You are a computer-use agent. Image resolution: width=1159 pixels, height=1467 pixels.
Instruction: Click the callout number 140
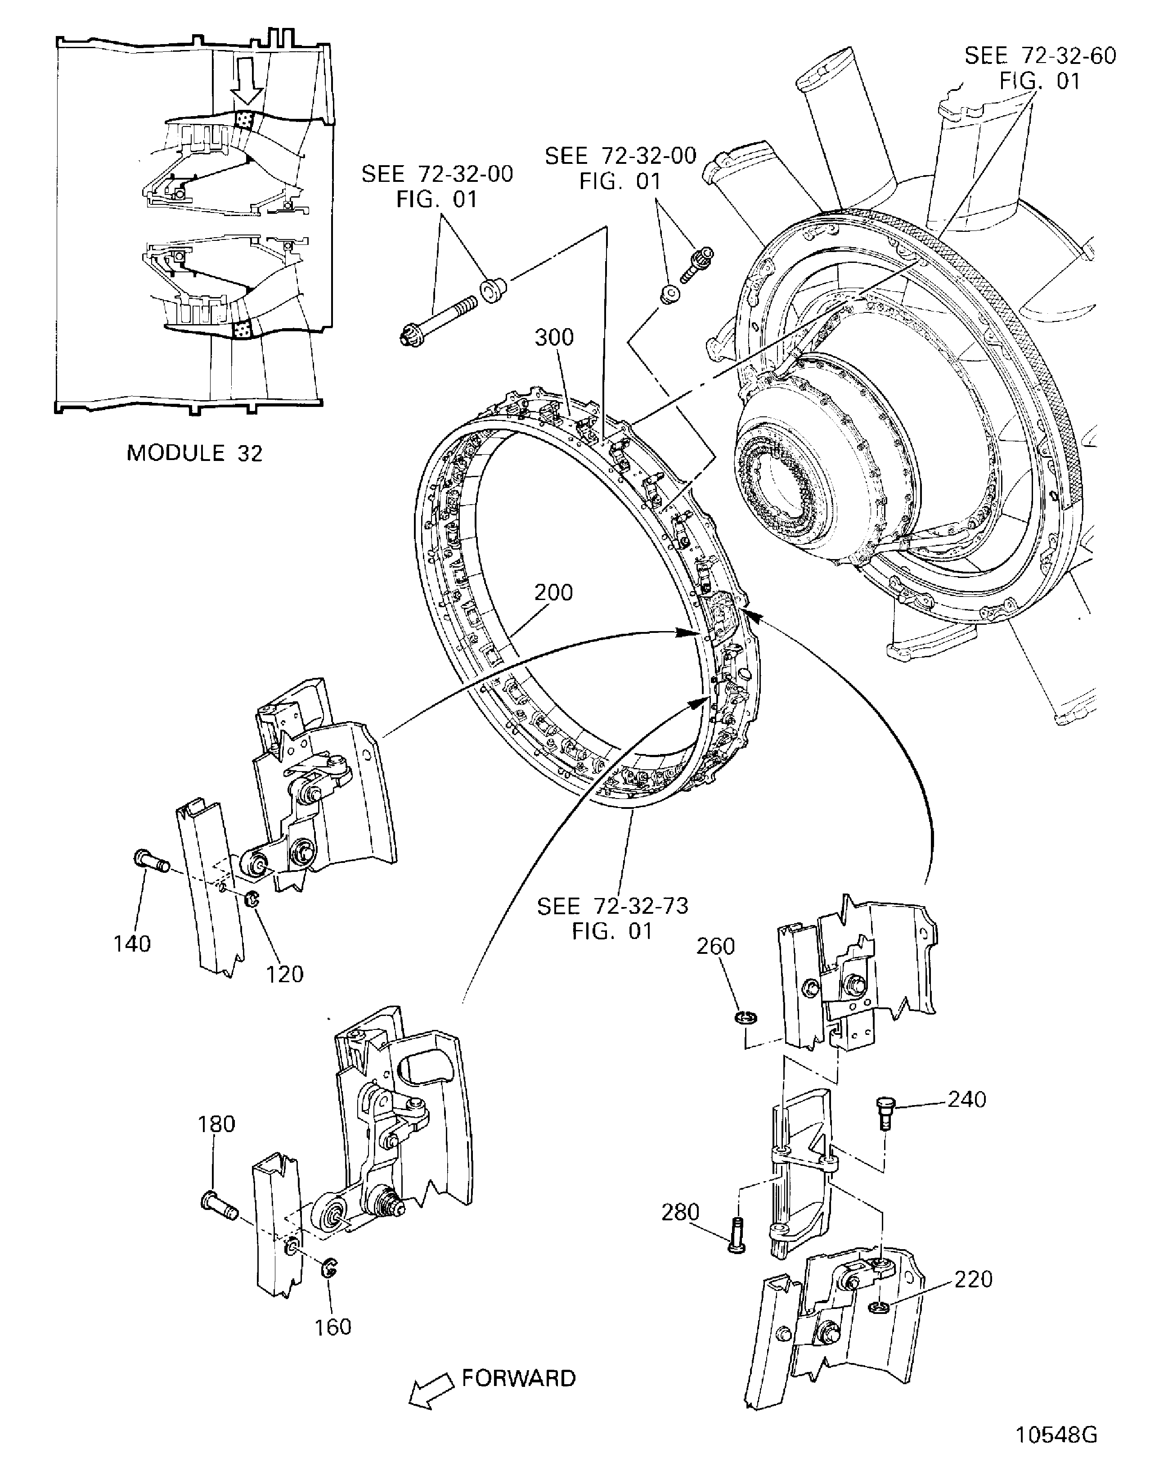(132, 943)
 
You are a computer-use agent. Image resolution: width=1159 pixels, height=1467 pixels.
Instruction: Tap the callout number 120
(284, 974)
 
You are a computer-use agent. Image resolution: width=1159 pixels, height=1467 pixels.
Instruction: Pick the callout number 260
(716, 946)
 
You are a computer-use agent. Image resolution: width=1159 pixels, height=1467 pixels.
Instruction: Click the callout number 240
(966, 1099)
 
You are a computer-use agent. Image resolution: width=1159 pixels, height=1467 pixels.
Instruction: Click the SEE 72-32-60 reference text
(1040, 68)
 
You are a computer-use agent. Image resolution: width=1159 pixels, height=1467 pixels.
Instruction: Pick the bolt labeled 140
(151, 861)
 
